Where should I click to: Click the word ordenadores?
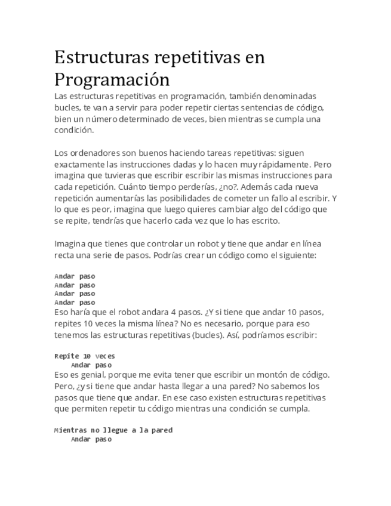pos(93,153)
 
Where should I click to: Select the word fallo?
pos(272,198)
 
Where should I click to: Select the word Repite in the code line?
pos(66,356)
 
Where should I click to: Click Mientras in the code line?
pos(70,430)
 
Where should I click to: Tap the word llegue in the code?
pos(115,430)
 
